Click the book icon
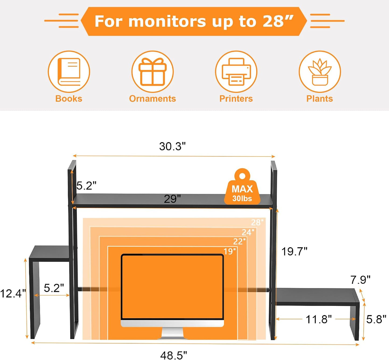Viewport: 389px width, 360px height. (69, 72)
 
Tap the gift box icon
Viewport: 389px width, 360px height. (152, 72)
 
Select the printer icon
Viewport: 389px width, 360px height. (236, 72)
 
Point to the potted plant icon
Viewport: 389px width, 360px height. (320, 72)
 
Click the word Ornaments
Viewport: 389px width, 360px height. (152, 99)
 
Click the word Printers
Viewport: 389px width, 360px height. (236, 99)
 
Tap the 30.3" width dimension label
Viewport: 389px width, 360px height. (172, 146)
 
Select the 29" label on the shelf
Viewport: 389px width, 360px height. (172, 199)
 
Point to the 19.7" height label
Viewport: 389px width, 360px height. (294, 252)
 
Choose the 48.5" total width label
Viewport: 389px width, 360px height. (174, 355)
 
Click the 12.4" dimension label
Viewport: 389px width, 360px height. (13, 293)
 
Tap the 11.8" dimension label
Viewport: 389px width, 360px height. (319, 319)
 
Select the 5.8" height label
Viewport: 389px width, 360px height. (376, 319)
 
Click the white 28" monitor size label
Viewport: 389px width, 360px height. (257, 222)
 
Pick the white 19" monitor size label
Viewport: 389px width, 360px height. (230, 251)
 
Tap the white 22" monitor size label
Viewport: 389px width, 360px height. (239, 242)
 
